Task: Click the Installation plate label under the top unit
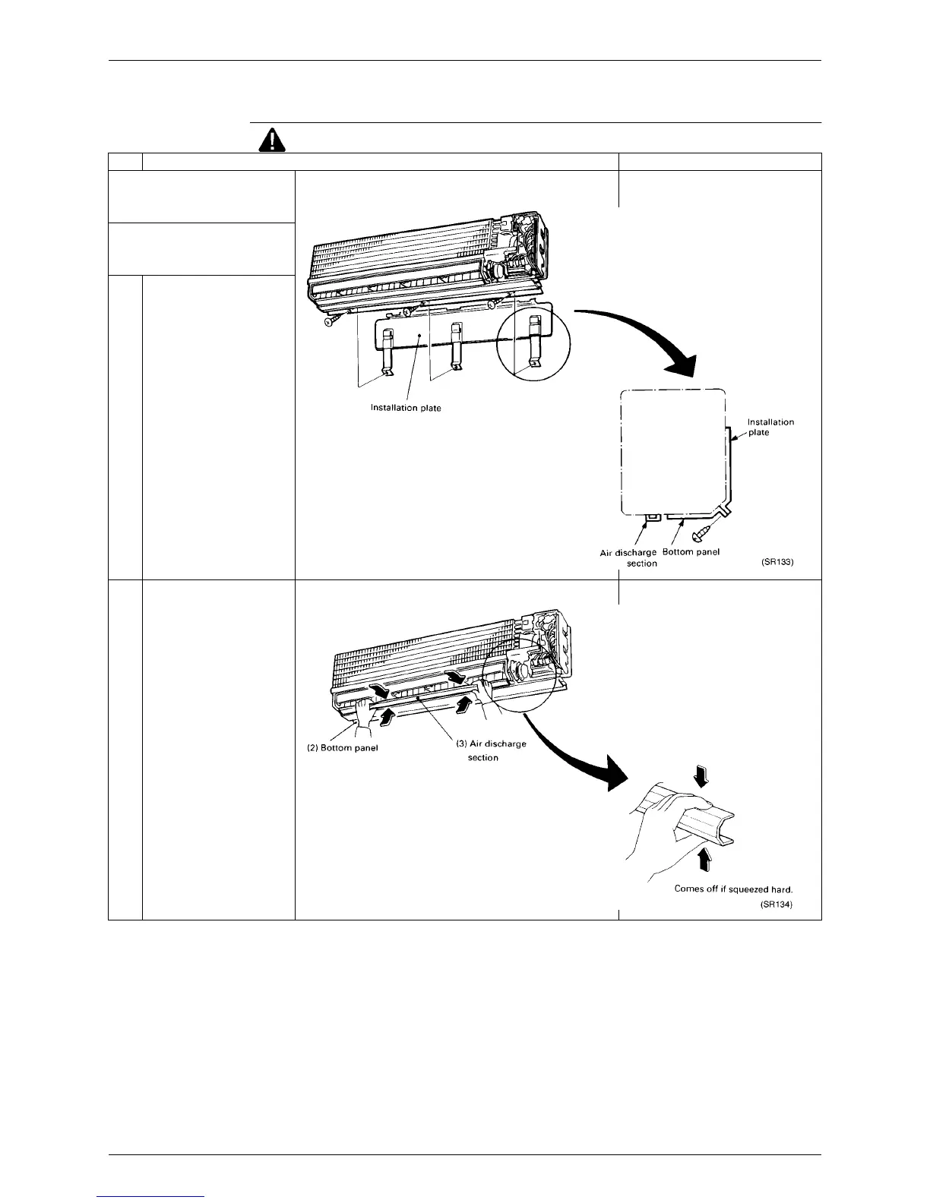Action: (406, 408)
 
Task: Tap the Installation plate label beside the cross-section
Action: (770, 427)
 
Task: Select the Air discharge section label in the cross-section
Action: (628, 557)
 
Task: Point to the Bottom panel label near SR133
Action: (691, 551)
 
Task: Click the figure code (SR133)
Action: (777, 563)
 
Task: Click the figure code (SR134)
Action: (777, 905)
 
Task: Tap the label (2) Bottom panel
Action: (337, 747)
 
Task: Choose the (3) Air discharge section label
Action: (490, 750)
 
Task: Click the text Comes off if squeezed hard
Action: (733, 889)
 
